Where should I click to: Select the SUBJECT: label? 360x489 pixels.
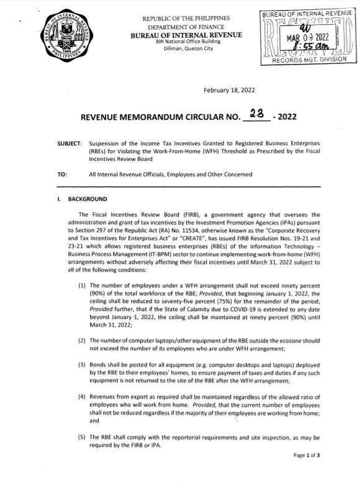click(69, 143)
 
